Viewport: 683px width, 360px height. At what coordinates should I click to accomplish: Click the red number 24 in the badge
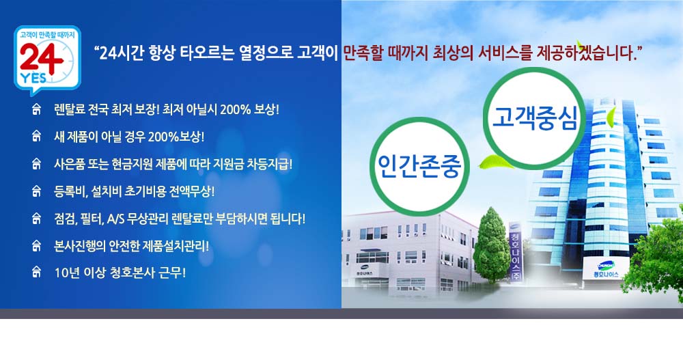pyautogui.click(x=41, y=59)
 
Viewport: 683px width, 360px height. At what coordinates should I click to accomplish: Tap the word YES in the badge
pyautogui.click(x=33, y=78)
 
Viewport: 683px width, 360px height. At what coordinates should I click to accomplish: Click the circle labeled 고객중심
pyautogui.click(x=534, y=118)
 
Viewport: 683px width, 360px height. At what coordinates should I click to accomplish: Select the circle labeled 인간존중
pyautogui.click(x=419, y=166)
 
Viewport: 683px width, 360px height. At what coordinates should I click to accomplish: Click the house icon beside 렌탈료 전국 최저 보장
pyautogui.click(x=37, y=109)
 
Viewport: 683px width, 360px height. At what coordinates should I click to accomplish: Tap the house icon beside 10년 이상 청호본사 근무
pyautogui.click(x=37, y=272)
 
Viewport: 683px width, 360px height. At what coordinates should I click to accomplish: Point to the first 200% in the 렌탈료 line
pyautogui.click(x=235, y=109)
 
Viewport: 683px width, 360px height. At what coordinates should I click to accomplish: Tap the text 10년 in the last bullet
pyautogui.click(x=66, y=273)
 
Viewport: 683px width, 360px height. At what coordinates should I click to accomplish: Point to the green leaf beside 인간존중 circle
pyautogui.click(x=494, y=162)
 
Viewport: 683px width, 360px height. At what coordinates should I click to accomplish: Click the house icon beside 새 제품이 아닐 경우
pyautogui.click(x=37, y=137)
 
